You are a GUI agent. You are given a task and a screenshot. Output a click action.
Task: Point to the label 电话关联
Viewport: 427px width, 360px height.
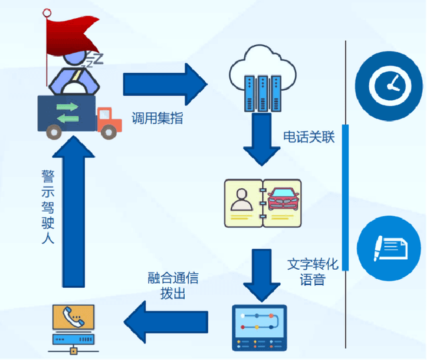(x=308, y=136)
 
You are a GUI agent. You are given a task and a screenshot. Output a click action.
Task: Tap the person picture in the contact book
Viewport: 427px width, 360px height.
(x=242, y=200)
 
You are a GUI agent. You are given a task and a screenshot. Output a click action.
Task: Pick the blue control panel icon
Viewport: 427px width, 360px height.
(x=259, y=327)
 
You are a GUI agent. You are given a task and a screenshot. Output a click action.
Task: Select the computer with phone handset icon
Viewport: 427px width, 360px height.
(x=73, y=328)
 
